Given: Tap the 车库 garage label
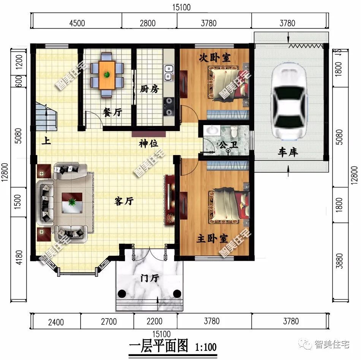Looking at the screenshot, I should [x=288, y=152].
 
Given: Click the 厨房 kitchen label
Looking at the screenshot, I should [x=149, y=89].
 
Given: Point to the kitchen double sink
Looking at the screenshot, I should [x=169, y=73].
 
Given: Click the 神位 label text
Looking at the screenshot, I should [x=148, y=144].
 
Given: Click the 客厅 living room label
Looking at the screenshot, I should [x=124, y=201].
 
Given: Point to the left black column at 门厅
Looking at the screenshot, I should [x=122, y=293].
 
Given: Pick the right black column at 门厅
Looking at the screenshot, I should [x=177, y=293].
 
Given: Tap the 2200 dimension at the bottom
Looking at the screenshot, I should [x=155, y=322].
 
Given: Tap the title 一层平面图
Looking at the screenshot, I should [x=159, y=346].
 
